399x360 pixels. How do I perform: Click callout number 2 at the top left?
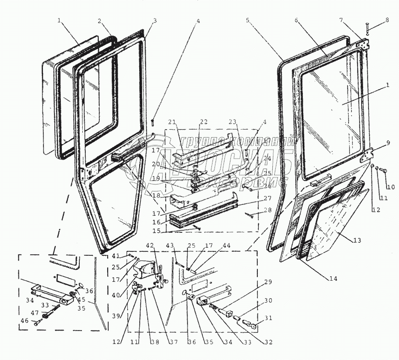pos(100,21)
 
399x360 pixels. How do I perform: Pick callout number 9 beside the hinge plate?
pos(387,143)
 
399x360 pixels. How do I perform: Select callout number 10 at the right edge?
pos(391,187)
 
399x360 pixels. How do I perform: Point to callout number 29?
pos(268,283)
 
